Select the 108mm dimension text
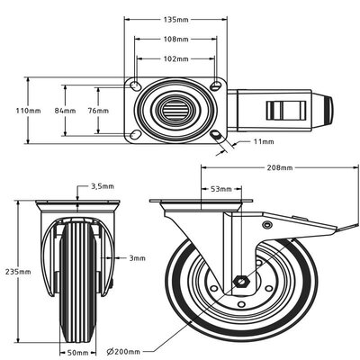click(177, 40)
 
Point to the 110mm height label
click(28, 111)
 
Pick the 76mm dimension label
click(96, 111)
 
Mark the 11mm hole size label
click(264, 142)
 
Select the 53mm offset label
click(220, 190)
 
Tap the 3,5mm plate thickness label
click(103, 185)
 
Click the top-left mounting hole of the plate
click(135, 86)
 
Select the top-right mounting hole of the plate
click(217, 86)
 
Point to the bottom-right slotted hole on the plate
click(217, 135)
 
